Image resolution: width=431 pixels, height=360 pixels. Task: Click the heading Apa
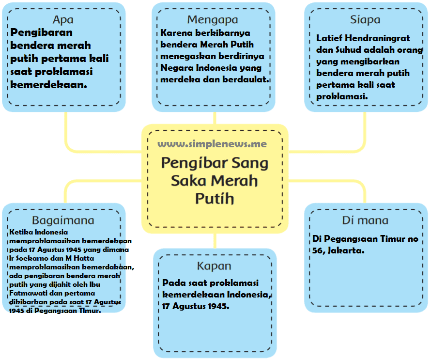point(63,20)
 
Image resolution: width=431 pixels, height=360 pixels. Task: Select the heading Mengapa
point(213,20)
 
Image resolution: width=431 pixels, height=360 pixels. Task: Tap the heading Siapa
point(365,20)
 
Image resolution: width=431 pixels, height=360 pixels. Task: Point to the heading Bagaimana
point(63,220)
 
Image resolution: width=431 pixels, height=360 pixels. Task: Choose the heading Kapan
point(214,266)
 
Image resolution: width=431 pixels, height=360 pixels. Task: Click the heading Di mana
point(365,220)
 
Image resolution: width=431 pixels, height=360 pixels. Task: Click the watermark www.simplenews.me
point(212,144)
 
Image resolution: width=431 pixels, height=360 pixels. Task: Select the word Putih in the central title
point(215,199)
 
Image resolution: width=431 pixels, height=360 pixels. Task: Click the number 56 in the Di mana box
point(319,250)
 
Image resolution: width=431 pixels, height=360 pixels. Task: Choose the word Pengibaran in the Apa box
point(41,33)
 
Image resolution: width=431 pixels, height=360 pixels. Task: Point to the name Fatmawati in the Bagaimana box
point(26,294)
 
